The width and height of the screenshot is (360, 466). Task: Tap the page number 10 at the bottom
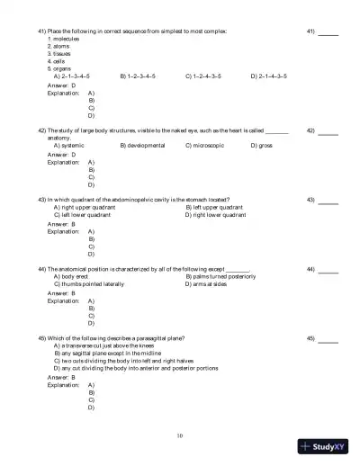(x=180, y=435)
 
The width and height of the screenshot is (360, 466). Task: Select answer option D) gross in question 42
(x=261, y=145)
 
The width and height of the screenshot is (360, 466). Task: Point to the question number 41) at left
(x=42, y=31)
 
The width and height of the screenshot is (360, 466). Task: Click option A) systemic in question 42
(x=69, y=145)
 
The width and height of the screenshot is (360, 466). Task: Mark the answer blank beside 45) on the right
(x=328, y=339)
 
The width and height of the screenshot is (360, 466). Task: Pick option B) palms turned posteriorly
(x=220, y=276)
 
